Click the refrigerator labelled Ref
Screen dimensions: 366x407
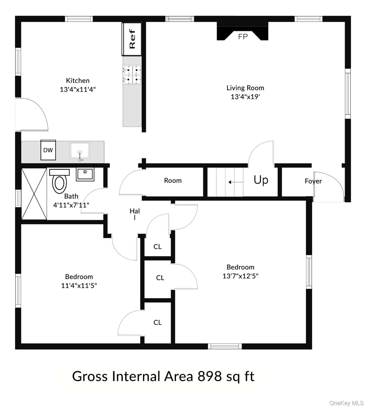click(x=132, y=39)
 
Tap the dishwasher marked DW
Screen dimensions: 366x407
click(x=48, y=150)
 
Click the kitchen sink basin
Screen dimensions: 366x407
click(x=80, y=151)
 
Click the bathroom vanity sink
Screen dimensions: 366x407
click(x=85, y=174)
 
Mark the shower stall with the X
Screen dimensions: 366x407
click(x=34, y=194)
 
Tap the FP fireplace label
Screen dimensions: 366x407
click(x=243, y=37)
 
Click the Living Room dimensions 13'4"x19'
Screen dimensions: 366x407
click(x=245, y=97)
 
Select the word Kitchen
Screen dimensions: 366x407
click(x=78, y=80)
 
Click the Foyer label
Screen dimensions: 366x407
click(x=313, y=181)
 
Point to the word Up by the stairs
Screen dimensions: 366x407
click(x=261, y=180)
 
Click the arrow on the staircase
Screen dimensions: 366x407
click(x=236, y=182)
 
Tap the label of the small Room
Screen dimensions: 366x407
click(x=173, y=180)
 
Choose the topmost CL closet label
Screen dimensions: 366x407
click(x=157, y=247)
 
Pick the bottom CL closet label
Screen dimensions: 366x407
click(x=157, y=322)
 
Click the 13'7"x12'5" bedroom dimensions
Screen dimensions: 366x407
click(x=240, y=276)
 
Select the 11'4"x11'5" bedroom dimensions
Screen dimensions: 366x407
click(x=79, y=286)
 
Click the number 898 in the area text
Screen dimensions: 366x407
click(x=210, y=376)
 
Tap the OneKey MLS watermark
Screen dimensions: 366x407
click(x=346, y=403)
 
